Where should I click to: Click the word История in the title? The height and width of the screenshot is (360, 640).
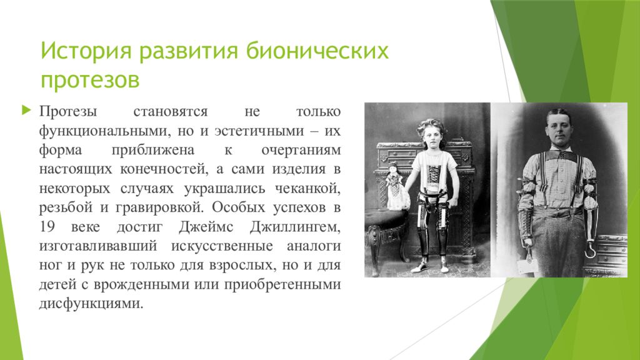(86, 51)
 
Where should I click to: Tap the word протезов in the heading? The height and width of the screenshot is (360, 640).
(90, 80)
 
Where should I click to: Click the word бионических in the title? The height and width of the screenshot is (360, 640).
(317, 51)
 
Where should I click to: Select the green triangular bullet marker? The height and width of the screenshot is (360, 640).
(26, 110)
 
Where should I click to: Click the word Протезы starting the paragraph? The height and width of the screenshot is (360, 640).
(68, 111)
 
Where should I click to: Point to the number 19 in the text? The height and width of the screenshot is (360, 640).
(47, 226)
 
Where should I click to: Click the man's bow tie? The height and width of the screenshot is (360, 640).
(563, 155)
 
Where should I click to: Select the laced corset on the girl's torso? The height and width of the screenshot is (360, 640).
(434, 176)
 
